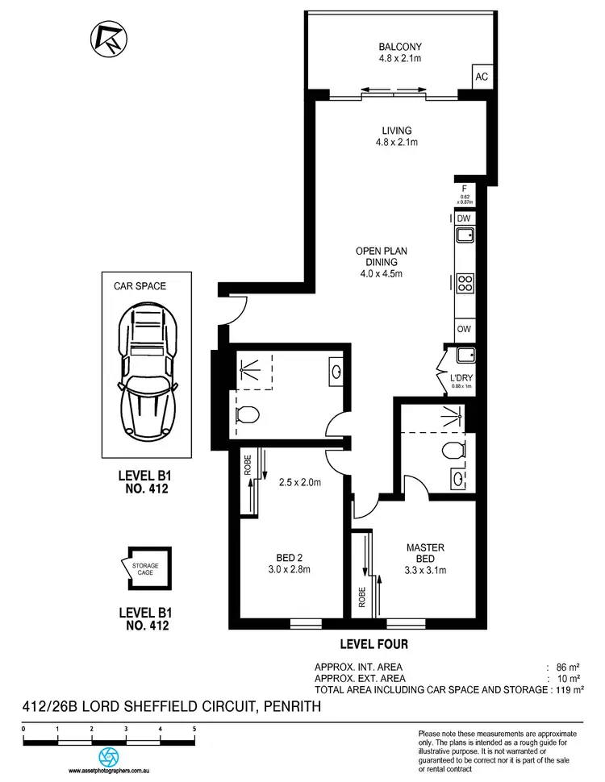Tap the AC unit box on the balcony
point(482,77)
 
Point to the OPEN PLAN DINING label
point(379,262)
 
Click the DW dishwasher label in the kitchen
point(463,218)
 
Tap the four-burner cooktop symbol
point(465,283)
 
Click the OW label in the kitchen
point(463,329)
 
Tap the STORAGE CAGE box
point(145,570)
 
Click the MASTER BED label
point(425,554)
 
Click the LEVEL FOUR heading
point(375,644)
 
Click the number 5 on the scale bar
point(194,728)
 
